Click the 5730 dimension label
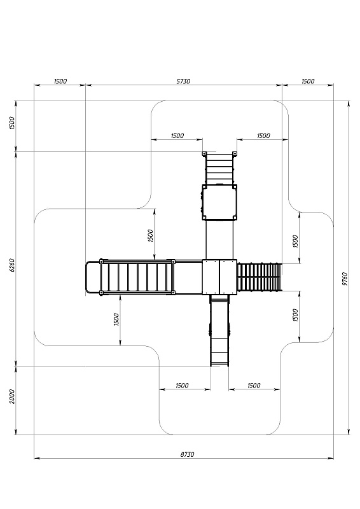(183, 81)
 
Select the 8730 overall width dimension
(187, 454)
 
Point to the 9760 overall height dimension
(345, 279)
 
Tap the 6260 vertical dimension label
(11, 265)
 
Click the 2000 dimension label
(11, 396)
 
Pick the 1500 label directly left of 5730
(60, 81)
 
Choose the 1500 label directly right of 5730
(308, 81)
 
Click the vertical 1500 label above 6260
(11, 123)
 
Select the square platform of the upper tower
(219, 202)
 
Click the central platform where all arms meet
(219, 277)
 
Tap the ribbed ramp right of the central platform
(260, 277)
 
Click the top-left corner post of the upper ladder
(204, 153)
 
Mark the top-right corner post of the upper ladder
(234, 153)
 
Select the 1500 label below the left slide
(116, 319)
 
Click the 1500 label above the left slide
(150, 235)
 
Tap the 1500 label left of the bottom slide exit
(182, 386)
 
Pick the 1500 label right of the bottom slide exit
(254, 386)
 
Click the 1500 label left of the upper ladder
(177, 136)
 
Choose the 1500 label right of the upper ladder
(263, 136)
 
